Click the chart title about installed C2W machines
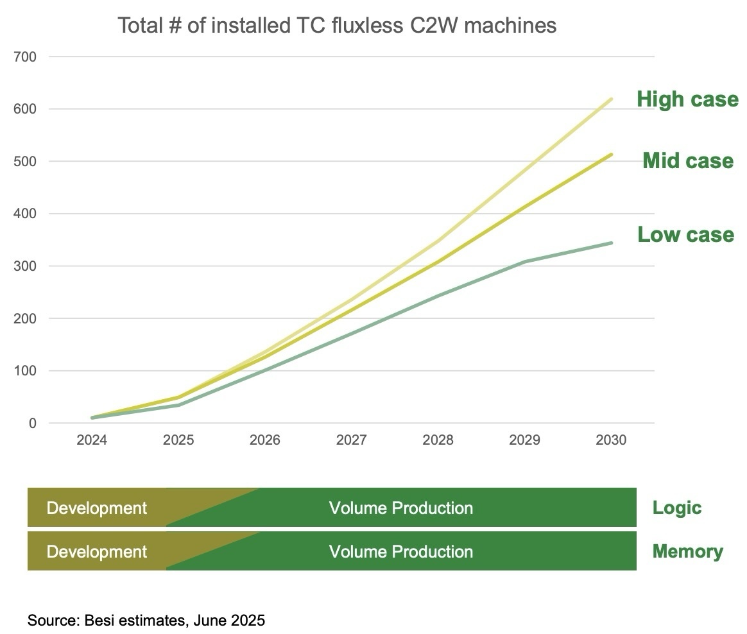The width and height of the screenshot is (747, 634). click(x=336, y=26)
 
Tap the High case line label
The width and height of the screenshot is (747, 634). click(x=687, y=99)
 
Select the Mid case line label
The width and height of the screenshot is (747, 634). click(x=687, y=160)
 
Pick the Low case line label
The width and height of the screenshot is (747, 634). click(x=685, y=235)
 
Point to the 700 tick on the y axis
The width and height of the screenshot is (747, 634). click(x=25, y=56)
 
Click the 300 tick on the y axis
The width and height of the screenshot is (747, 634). click(x=25, y=266)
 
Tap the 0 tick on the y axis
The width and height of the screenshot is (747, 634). click(x=31, y=423)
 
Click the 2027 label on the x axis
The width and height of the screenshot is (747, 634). click(x=351, y=440)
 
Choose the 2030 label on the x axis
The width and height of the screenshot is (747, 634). click(x=611, y=440)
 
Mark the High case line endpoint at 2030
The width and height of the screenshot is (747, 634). click(x=612, y=99)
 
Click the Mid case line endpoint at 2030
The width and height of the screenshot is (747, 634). click(x=612, y=154)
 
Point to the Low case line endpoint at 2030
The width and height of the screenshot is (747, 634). click(x=612, y=243)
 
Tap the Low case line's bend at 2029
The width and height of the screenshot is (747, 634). click(x=524, y=262)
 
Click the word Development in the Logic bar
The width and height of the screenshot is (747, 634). click(x=96, y=508)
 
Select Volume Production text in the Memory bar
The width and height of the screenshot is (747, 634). click(x=400, y=552)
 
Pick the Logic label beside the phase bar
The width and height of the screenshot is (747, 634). click(x=676, y=508)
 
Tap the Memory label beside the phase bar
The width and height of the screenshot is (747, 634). click(x=687, y=552)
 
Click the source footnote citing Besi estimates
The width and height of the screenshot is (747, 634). click(x=146, y=621)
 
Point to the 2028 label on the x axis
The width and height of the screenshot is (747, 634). click(x=438, y=440)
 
